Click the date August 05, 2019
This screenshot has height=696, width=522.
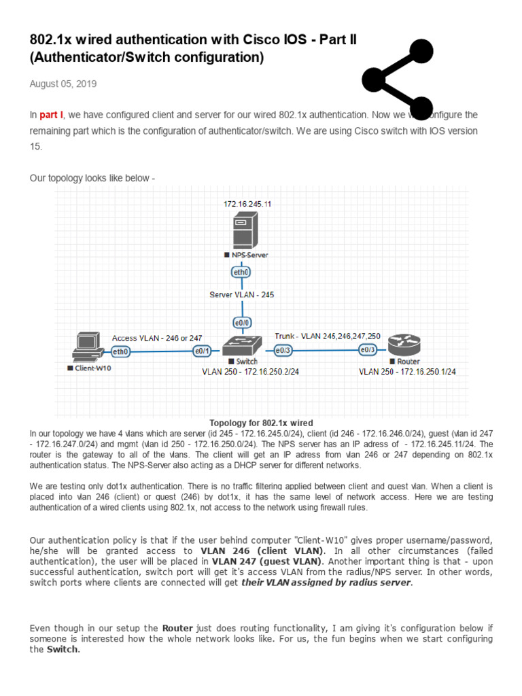(63, 84)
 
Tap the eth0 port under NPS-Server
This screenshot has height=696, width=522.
(241, 273)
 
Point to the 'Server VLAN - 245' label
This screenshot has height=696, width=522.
(241, 295)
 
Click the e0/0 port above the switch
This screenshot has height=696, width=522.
(241, 322)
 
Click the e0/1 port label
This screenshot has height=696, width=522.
(203, 351)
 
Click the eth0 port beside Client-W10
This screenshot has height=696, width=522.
(120, 351)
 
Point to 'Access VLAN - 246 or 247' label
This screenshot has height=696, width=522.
(157, 338)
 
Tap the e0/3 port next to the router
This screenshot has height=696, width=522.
(368, 350)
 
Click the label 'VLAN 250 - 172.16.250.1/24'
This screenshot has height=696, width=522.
(407, 372)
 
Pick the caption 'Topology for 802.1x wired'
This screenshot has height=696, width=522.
(262, 423)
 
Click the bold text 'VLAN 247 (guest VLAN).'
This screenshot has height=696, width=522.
(268, 562)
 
